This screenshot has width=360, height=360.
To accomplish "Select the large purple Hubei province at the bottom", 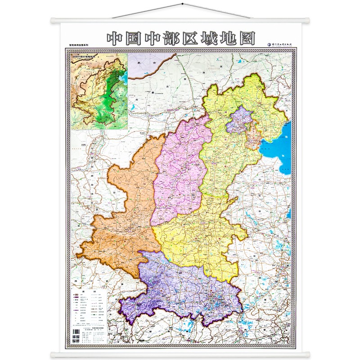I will pyautogui.click(x=184, y=288).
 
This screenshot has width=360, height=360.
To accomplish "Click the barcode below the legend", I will pyautogui.click(x=76, y=337).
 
